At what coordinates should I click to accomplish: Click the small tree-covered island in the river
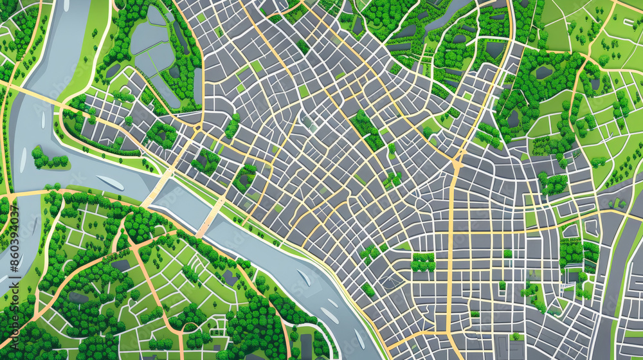click(x=49, y=158)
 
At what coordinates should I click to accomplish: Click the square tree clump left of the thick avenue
click(x=422, y=262)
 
